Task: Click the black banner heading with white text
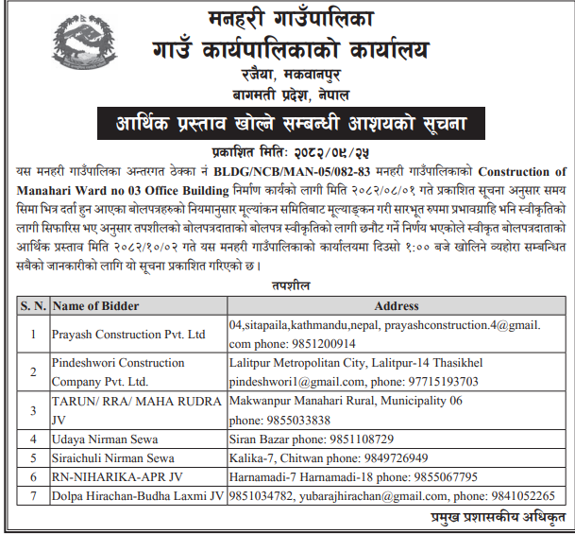click(x=287, y=124)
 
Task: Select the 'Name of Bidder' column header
click(x=97, y=306)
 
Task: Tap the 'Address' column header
click(x=397, y=306)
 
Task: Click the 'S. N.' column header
click(x=34, y=306)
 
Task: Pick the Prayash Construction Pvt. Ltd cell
click(x=128, y=335)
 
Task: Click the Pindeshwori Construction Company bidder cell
click(x=106, y=371)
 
